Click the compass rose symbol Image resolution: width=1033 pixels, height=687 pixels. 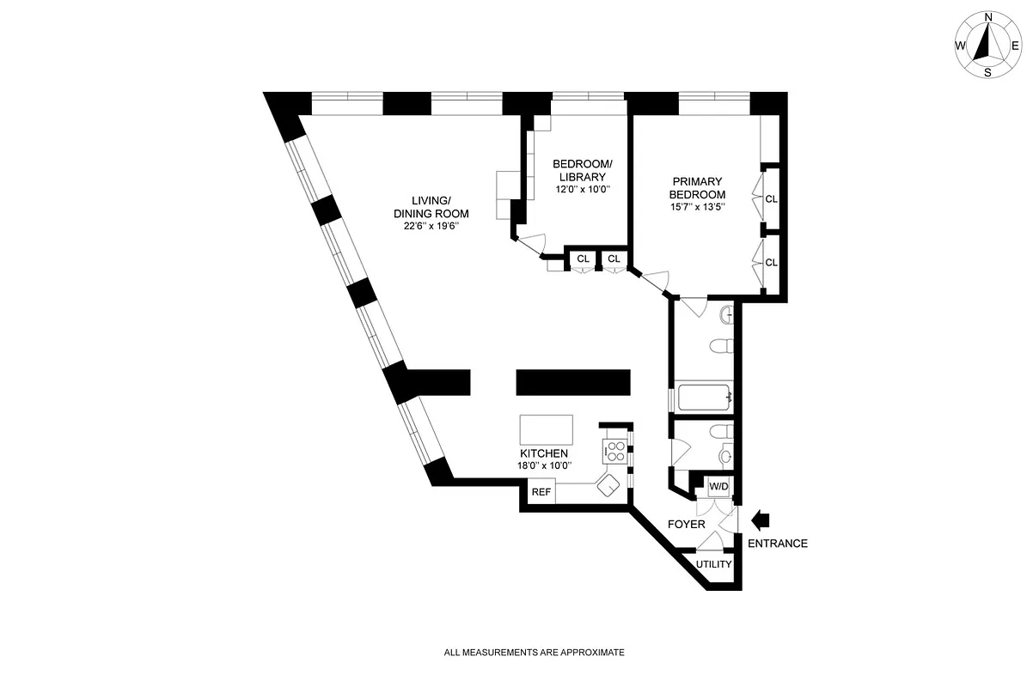click(x=987, y=44)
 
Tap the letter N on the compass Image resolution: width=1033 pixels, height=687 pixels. click(x=988, y=16)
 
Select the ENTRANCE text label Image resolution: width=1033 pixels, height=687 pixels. click(x=777, y=544)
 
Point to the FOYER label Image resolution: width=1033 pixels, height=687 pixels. click(x=687, y=524)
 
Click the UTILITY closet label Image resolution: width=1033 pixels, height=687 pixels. click(x=713, y=564)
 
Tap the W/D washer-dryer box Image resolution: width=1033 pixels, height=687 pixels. click(x=718, y=488)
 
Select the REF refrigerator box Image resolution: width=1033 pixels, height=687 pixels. click(x=541, y=492)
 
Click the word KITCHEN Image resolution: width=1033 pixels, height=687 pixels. click(x=543, y=453)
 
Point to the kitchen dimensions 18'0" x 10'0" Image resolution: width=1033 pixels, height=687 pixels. click(x=543, y=465)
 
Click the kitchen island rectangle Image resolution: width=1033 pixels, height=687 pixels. click(x=547, y=428)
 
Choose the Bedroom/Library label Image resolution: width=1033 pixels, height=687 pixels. click(x=582, y=170)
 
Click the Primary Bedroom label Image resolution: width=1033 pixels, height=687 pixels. click(x=698, y=187)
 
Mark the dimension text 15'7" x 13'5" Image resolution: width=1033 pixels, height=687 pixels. click(x=698, y=206)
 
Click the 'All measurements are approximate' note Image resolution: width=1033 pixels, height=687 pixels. click(x=534, y=653)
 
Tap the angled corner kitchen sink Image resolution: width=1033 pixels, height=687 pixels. click(x=608, y=484)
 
